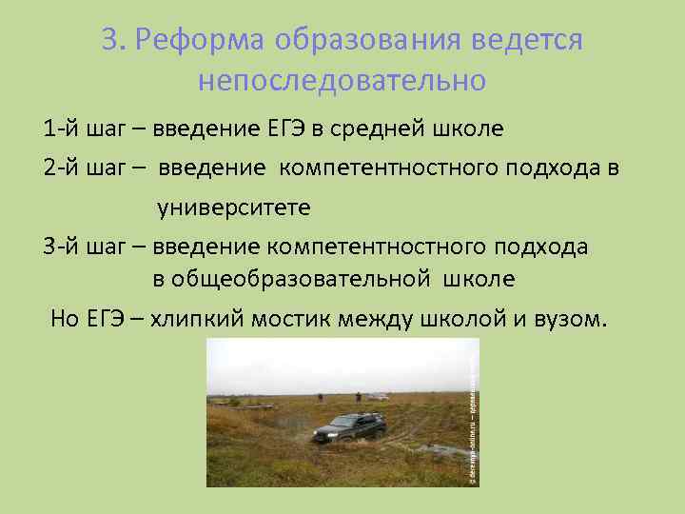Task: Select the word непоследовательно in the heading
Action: (342, 81)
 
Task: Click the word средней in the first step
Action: (380, 128)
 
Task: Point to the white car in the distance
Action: (379, 395)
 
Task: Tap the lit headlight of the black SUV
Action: (325, 434)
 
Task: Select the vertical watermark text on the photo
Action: (474, 419)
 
